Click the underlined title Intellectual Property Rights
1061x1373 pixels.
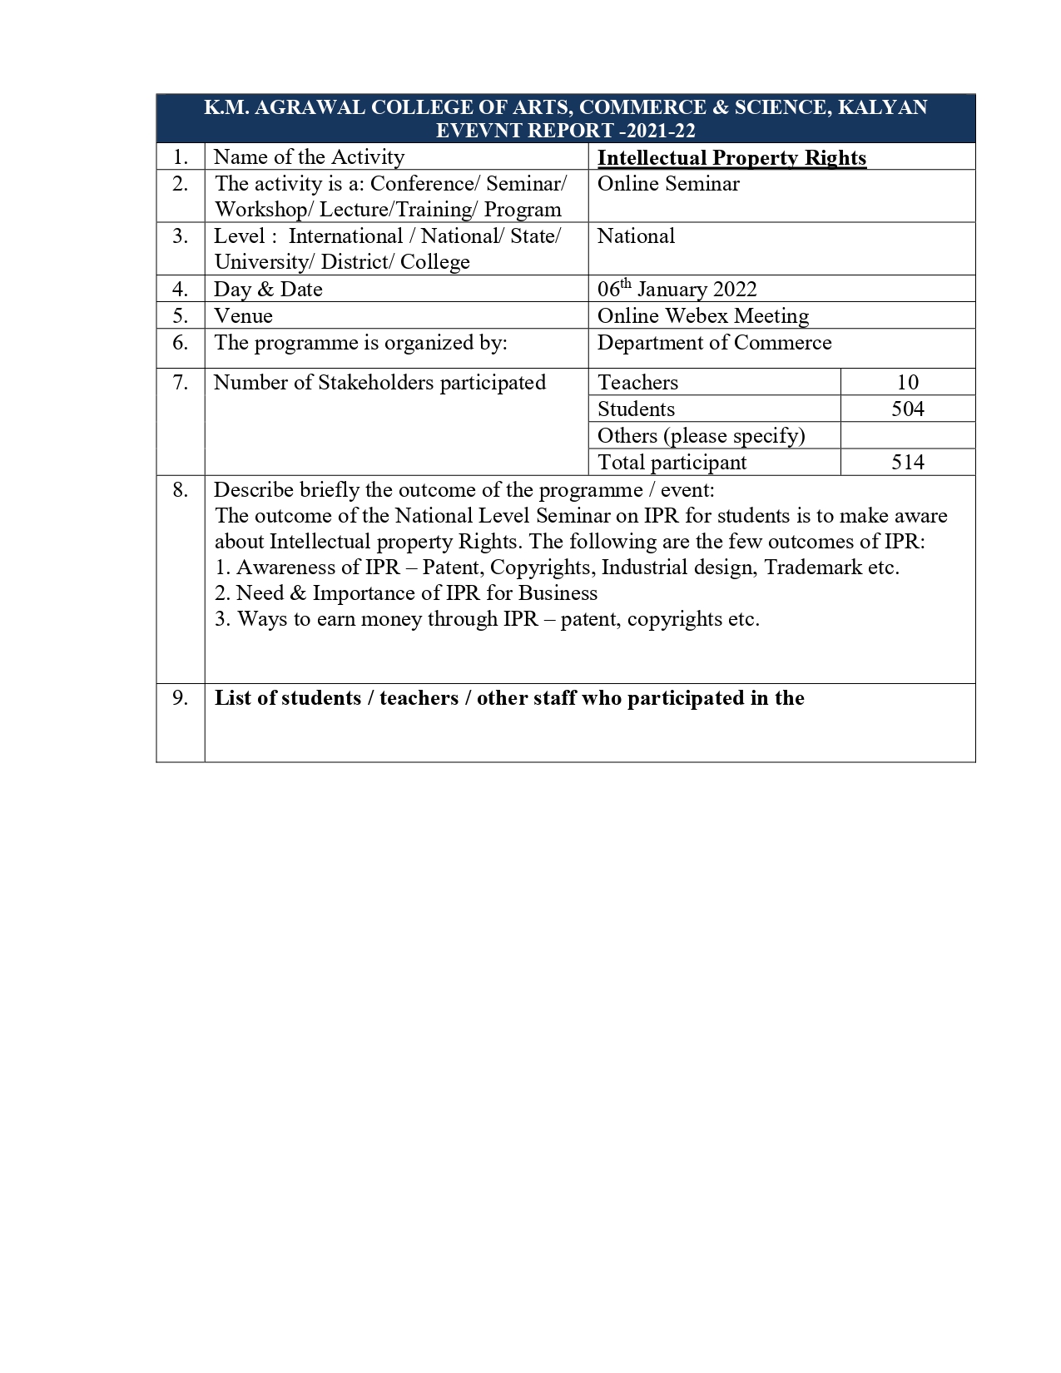(731, 158)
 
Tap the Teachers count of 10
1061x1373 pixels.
(907, 382)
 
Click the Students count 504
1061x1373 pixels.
(907, 409)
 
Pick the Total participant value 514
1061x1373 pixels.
(907, 462)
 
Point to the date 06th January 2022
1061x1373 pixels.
(677, 289)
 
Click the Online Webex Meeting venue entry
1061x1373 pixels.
(702, 315)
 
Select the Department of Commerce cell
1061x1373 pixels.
(714, 343)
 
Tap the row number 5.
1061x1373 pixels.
(181, 315)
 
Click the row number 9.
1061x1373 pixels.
(181, 698)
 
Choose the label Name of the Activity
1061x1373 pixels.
(309, 157)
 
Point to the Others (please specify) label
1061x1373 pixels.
(701, 435)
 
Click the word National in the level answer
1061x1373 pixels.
(636, 236)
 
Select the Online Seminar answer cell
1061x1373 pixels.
(668, 184)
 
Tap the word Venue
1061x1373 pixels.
(243, 315)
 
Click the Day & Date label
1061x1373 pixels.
(268, 289)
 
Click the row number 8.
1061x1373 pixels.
(181, 489)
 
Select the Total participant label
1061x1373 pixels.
(672, 462)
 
